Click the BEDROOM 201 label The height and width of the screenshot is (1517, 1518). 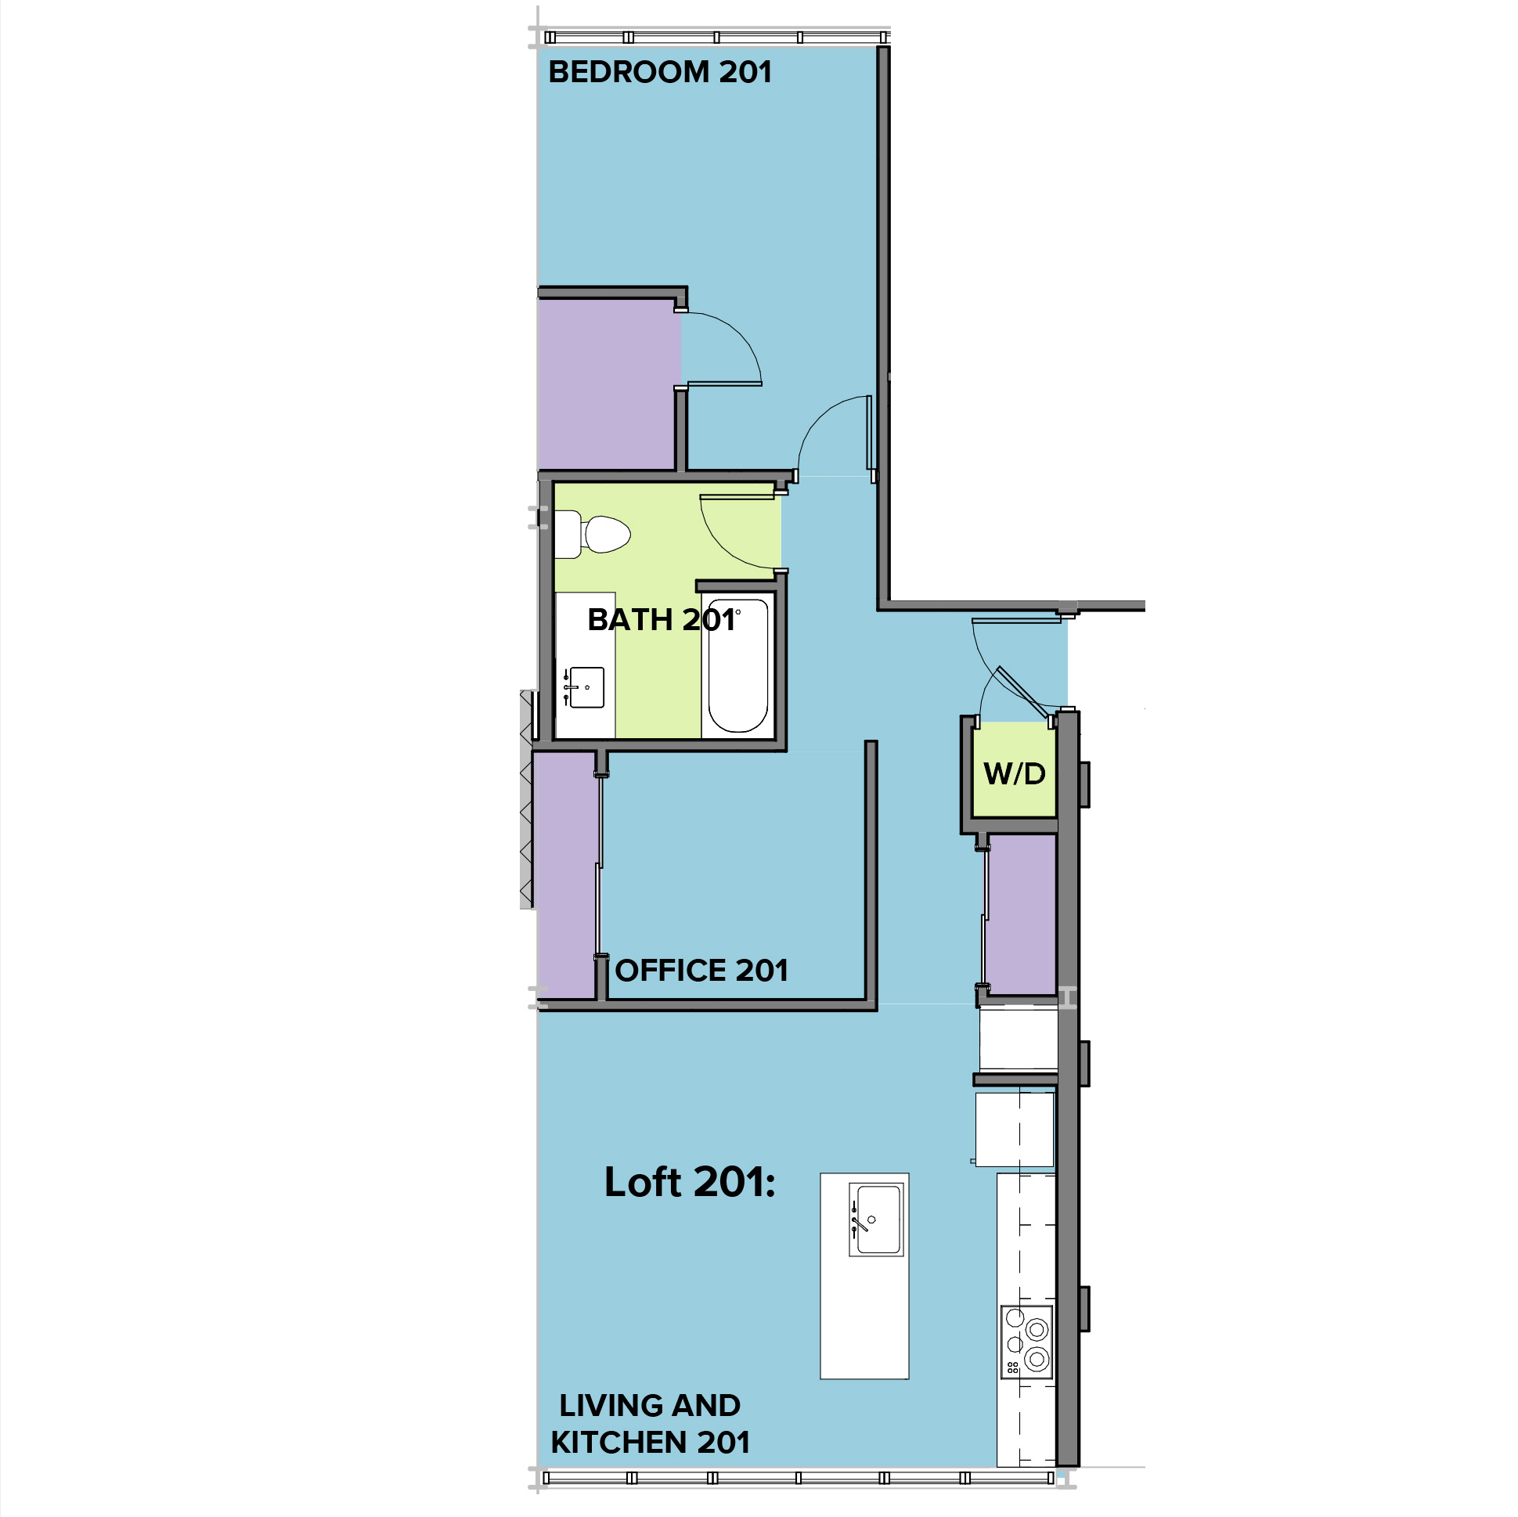coord(660,72)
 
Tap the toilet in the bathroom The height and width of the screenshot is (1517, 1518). coord(593,535)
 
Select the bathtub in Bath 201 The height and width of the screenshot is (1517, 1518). coord(737,665)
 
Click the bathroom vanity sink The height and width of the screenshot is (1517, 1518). coord(586,687)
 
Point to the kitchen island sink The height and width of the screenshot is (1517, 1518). coord(876,1220)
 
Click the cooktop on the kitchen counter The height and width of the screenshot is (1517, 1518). coord(1027,1342)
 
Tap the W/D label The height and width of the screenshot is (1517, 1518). coord(1015,775)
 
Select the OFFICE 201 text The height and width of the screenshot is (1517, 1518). coord(701,971)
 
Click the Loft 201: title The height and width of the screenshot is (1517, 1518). coord(689,1182)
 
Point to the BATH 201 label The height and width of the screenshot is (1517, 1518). coord(661,620)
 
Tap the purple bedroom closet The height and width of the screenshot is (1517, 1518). coord(608,385)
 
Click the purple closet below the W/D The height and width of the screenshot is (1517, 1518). coord(1021,914)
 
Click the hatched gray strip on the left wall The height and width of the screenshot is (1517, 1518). coord(527,799)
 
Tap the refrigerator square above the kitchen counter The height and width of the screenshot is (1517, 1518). coord(1015,1130)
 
